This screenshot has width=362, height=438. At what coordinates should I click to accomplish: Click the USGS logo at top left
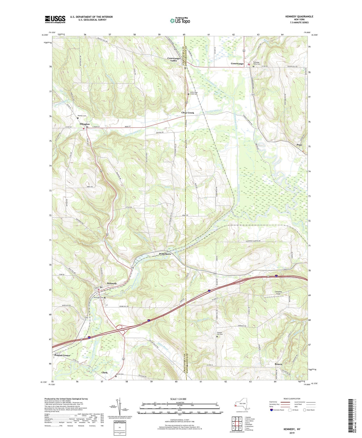(x=55, y=19)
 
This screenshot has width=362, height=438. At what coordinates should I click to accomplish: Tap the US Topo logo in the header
(x=180, y=21)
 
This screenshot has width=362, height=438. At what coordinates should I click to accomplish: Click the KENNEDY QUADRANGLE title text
(x=299, y=17)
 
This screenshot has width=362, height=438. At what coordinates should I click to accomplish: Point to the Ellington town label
(x=85, y=124)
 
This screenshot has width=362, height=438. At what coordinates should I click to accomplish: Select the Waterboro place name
(x=165, y=254)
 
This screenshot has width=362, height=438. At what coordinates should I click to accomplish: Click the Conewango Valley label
(x=174, y=59)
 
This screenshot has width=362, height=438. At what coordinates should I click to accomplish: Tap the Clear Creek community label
(x=188, y=113)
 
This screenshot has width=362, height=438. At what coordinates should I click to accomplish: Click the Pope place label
(x=299, y=145)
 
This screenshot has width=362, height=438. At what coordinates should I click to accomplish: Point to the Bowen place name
(x=278, y=364)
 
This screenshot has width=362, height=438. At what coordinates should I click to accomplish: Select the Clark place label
(x=104, y=373)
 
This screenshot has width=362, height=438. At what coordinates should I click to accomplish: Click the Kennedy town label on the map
(x=112, y=283)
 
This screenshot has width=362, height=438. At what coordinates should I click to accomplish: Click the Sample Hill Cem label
(x=220, y=333)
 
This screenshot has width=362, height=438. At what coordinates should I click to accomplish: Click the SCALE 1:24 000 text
(x=178, y=399)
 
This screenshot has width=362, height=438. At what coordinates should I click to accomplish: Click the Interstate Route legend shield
(x=272, y=410)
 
